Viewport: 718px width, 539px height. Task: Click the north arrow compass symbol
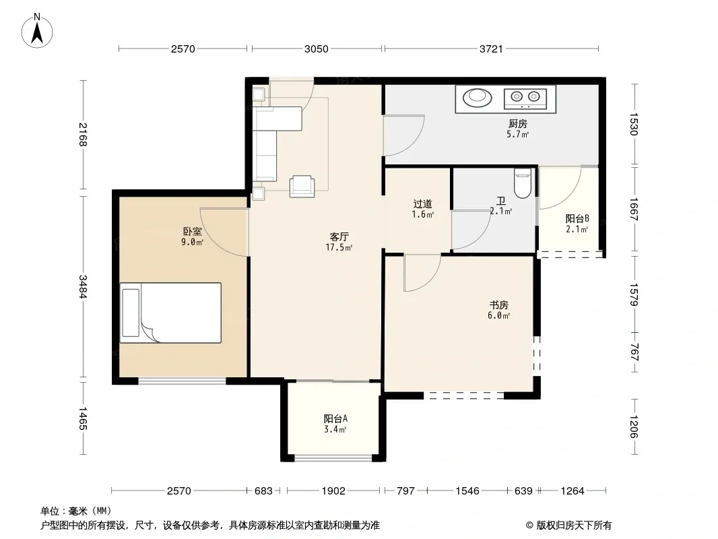[37, 31]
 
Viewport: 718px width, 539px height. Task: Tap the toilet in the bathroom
[523, 183]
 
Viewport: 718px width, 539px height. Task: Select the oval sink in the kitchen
[477, 98]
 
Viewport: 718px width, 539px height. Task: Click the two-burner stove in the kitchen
[525, 98]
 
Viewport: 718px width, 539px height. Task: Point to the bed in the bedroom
[170, 313]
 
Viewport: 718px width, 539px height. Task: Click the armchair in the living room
[302, 186]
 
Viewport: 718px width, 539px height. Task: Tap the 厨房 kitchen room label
[518, 124]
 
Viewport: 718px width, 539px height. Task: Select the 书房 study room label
[498, 305]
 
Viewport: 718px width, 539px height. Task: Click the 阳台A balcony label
[335, 418]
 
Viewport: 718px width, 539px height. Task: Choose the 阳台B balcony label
[577, 218]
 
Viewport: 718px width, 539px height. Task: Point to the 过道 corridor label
[422, 203]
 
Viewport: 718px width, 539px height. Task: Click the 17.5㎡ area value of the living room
[339, 248]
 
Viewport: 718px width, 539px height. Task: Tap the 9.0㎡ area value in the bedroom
[192, 243]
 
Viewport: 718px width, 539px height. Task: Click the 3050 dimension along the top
[317, 49]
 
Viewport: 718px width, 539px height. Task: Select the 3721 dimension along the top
[491, 49]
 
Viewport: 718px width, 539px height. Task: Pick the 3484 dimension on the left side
[82, 286]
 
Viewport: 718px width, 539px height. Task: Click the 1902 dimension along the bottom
[333, 491]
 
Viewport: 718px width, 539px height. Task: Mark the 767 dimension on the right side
[634, 352]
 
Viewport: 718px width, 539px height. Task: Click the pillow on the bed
[131, 313]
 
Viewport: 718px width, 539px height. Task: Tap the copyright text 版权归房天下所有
[574, 526]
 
